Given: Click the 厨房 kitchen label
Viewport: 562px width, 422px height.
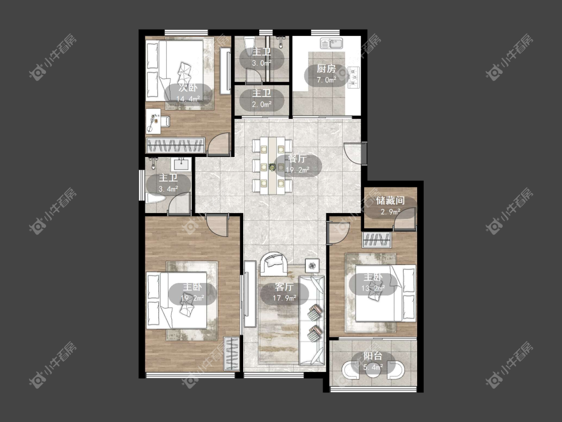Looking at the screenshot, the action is pyautogui.click(x=326, y=68).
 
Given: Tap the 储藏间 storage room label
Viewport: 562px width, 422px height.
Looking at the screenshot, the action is pyautogui.click(x=390, y=201).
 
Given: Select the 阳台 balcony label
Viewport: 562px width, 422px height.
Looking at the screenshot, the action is pyautogui.click(x=373, y=356).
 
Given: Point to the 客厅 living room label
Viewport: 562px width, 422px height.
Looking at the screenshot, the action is pyautogui.click(x=285, y=287).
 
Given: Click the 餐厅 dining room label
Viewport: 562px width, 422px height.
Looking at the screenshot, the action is pyautogui.click(x=298, y=159).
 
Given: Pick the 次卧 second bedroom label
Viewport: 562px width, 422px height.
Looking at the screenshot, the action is pyautogui.click(x=188, y=88).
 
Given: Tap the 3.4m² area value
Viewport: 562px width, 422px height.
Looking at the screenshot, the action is pyautogui.click(x=168, y=189).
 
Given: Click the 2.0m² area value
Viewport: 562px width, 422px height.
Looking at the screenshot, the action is pyautogui.click(x=262, y=104).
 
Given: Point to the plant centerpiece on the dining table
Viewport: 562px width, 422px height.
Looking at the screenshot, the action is pyautogui.click(x=272, y=167).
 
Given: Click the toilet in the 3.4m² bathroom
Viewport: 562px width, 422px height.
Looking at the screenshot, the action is pyautogui.click(x=155, y=198).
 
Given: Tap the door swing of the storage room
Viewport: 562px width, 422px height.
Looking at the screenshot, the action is pyautogui.click(x=405, y=219).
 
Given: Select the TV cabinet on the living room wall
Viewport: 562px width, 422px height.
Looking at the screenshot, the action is pyautogui.click(x=250, y=294).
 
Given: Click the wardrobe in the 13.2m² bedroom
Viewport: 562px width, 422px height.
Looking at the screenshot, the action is pyautogui.click(x=377, y=240).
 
